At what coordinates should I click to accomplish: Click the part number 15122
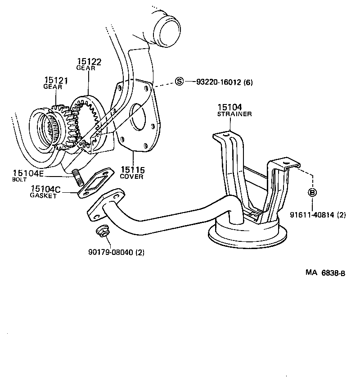click(x=89, y=62)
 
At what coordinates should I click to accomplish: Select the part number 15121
click(x=56, y=81)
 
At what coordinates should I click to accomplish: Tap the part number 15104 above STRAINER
click(x=229, y=108)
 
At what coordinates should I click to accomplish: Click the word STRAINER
click(x=234, y=114)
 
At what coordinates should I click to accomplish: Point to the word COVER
click(x=131, y=177)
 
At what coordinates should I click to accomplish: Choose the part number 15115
click(x=132, y=170)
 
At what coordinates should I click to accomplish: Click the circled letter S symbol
click(x=180, y=82)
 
